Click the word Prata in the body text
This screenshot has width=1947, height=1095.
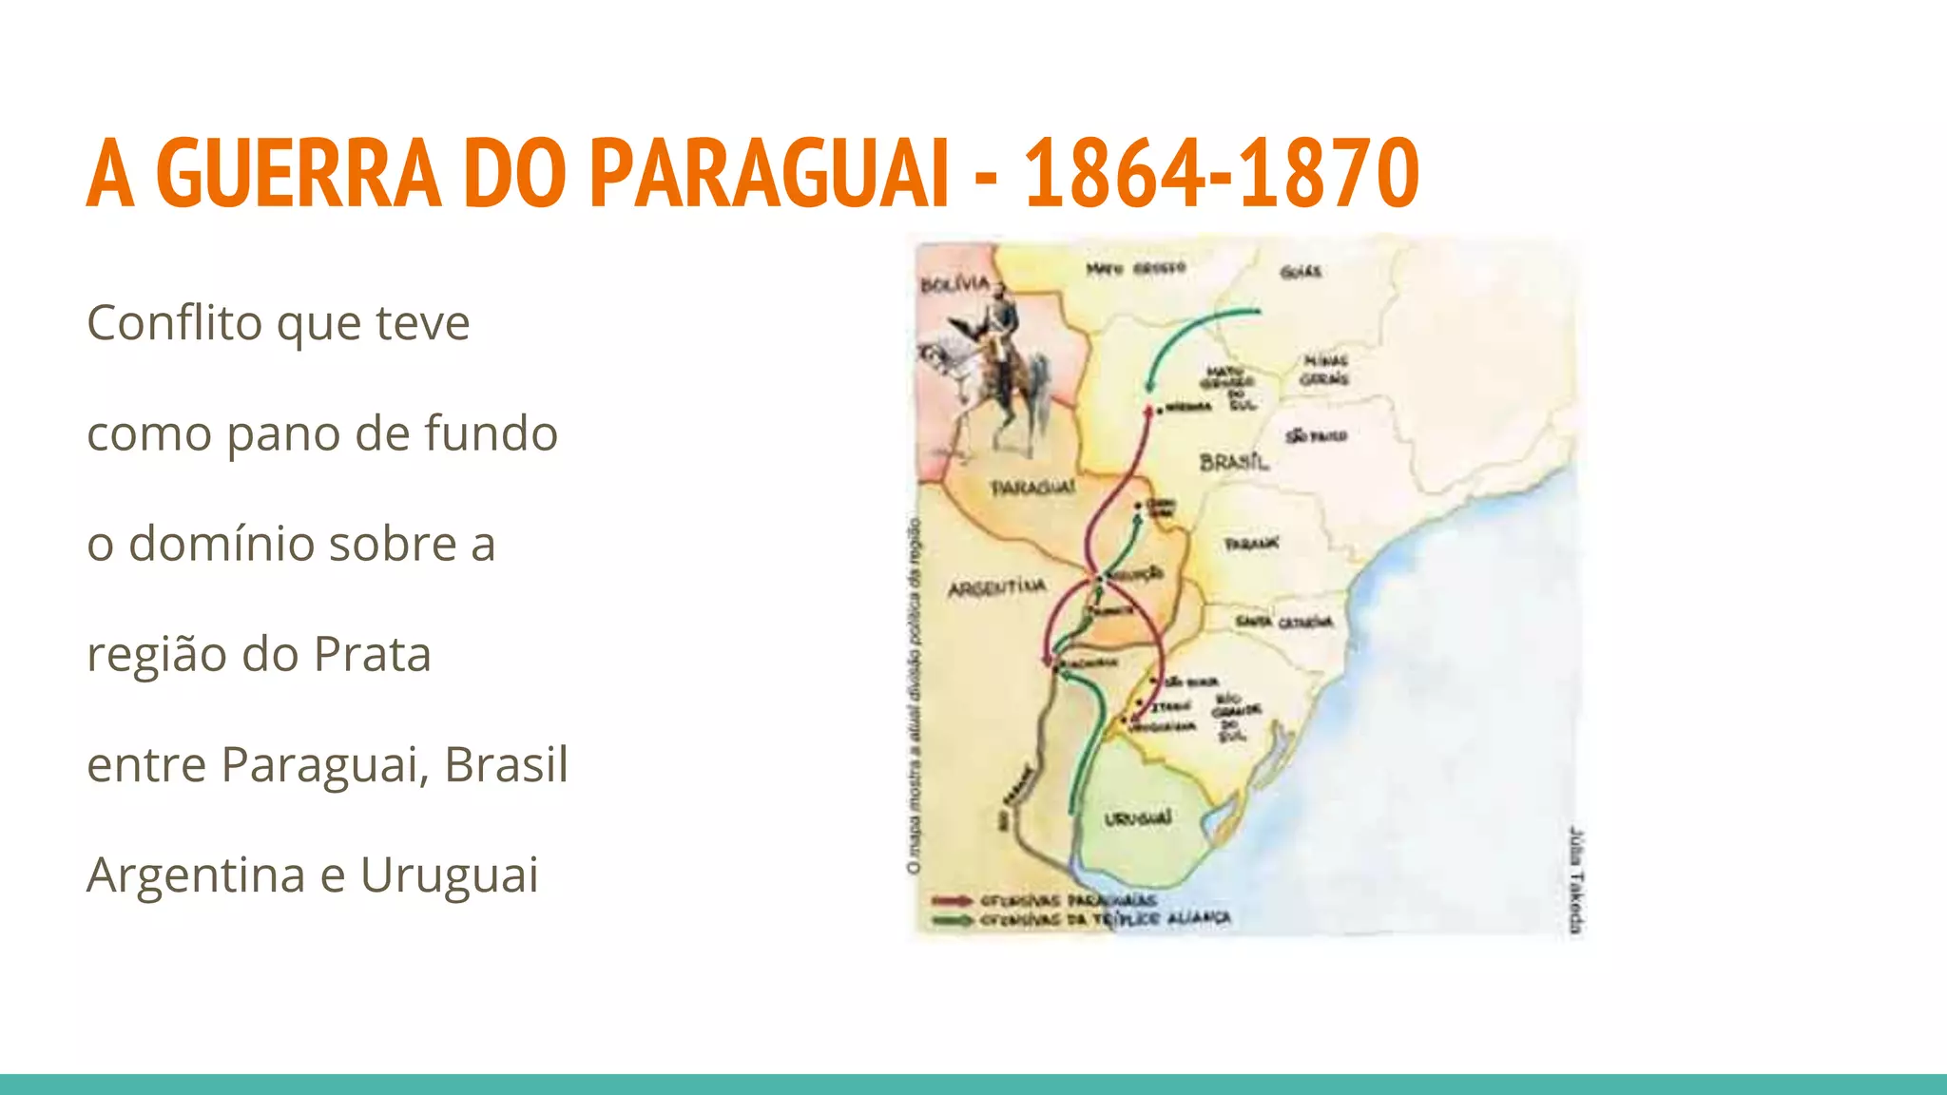pyautogui.click(x=372, y=655)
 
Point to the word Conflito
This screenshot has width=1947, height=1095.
pyautogui.click(x=173, y=323)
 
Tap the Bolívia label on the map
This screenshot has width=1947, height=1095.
pyautogui.click(x=954, y=284)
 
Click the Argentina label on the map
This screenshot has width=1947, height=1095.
pyautogui.click(x=996, y=588)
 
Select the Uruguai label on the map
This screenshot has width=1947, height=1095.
pyautogui.click(x=1138, y=818)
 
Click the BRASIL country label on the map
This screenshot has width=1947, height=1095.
pyautogui.click(x=1234, y=462)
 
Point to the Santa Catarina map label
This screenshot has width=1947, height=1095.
pyautogui.click(x=1284, y=623)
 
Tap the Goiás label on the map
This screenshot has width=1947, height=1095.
pyautogui.click(x=1300, y=272)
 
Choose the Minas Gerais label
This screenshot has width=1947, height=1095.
pyautogui.click(x=1324, y=370)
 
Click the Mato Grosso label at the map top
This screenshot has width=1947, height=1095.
pyautogui.click(x=1136, y=269)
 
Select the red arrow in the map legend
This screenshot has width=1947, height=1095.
pyautogui.click(x=952, y=899)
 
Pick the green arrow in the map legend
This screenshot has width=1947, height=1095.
pyautogui.click(x=952, y=919)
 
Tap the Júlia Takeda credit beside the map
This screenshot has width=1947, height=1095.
pyautogui.click(x=1576, y=879)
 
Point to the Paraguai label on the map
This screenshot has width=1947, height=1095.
pyautogui.click(x=1033, y=488)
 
